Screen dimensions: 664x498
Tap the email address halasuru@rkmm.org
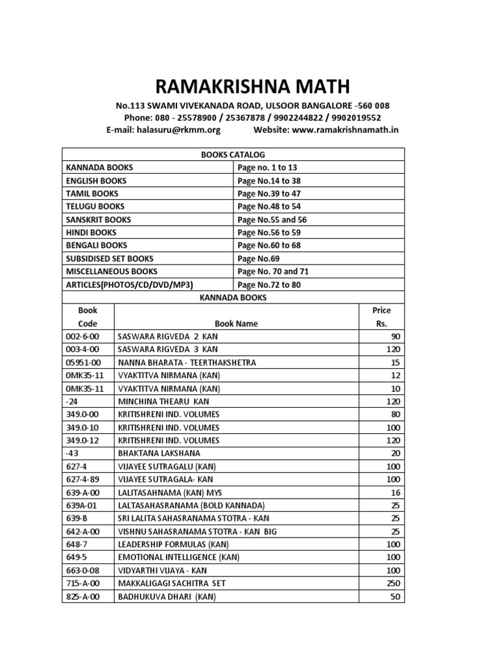coord(178,130)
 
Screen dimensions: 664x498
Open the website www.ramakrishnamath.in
coord(345,130)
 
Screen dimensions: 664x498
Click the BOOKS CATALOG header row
coord(233,154)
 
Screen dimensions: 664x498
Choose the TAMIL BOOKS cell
coord(92,193)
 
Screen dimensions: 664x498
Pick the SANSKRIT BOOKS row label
coord(99,219)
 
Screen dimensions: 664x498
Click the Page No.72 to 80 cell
coord(269,284)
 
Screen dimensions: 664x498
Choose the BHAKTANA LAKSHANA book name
coord(159,453)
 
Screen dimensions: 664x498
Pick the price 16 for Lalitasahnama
coord(396,492)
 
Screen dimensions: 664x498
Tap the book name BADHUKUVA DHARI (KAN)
coord(167,596)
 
